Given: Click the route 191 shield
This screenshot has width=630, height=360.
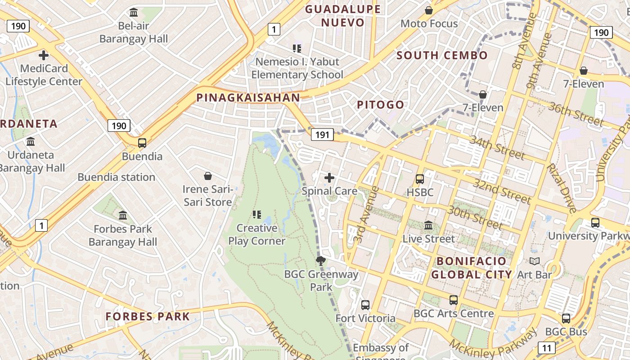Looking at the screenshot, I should pos(322,134).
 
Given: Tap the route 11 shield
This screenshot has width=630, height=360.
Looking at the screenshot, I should pos(547,347).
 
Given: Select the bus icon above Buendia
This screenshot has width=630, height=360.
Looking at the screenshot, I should pos(142,143).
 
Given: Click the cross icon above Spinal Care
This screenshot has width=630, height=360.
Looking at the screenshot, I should pos(329,178).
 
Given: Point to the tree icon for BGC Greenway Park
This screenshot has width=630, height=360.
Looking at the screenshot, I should pos(321,261).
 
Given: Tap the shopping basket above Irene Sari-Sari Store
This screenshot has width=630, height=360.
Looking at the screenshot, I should pos(208,175).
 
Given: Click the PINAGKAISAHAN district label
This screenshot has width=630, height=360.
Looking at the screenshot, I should pos(248,98).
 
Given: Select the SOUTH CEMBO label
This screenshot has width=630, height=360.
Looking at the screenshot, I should pos(442,55).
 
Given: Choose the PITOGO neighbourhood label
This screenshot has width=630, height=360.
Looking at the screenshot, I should pos(381,105).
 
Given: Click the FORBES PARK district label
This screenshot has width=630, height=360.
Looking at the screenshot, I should pos(148,316).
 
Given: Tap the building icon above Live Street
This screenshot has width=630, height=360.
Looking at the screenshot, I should pos(428,225).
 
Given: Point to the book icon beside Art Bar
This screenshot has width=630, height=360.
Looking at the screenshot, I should pos(535,261).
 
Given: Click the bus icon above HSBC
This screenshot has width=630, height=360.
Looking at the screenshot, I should pos(420,179).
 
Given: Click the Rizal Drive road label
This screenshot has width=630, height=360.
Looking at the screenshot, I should pos(562,188).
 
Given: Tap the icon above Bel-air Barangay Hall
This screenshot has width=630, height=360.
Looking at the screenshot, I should pos(134,12).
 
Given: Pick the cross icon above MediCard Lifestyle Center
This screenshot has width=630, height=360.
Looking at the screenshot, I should pos(44,55).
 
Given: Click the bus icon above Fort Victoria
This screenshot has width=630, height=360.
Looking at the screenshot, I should pos(365,305).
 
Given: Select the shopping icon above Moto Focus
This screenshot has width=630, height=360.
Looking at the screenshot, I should pos(429,10).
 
